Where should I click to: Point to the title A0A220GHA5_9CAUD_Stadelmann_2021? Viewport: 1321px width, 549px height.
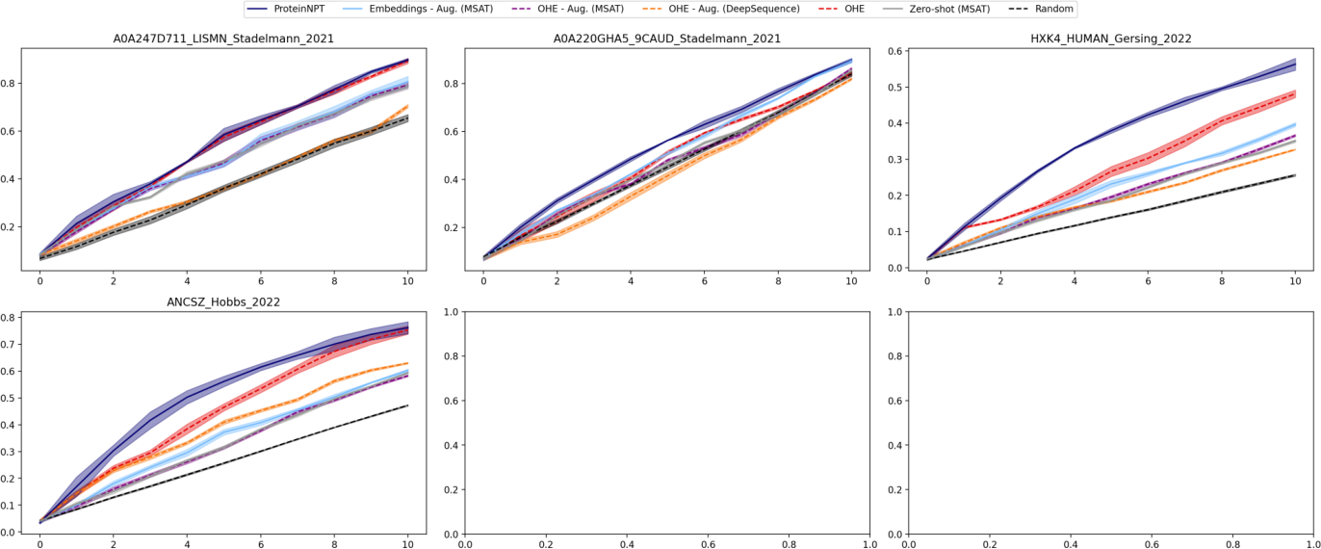point(666,39)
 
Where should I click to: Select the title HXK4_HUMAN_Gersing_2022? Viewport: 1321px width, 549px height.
point(1110,39)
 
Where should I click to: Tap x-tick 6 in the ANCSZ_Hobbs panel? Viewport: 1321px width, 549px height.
point(261,544)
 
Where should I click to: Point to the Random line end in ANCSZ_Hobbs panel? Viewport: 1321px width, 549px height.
point(408,405)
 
